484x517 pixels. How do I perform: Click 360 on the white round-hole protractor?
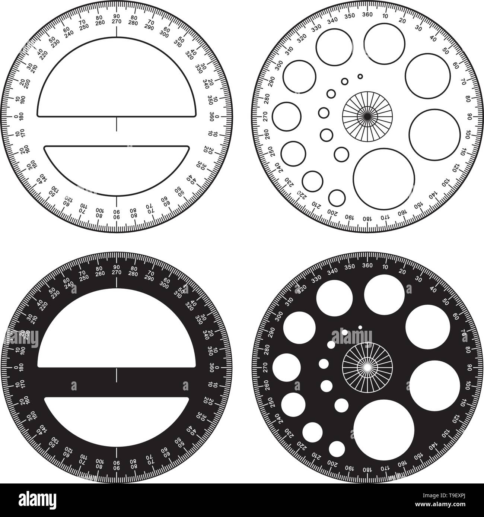tap(367, 15)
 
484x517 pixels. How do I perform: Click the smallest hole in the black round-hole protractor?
tap(360, 327)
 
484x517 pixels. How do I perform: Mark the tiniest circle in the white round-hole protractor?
tap(360, 76)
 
